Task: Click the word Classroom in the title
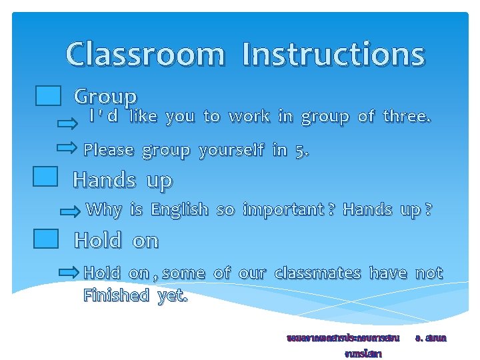145,55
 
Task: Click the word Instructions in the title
333,55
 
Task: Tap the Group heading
105,97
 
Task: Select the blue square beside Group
49,97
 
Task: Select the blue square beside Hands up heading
45,177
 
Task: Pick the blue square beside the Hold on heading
46,239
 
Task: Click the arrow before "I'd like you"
67,123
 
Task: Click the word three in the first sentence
407,117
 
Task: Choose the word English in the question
179,210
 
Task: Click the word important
283,210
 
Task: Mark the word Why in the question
104,210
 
